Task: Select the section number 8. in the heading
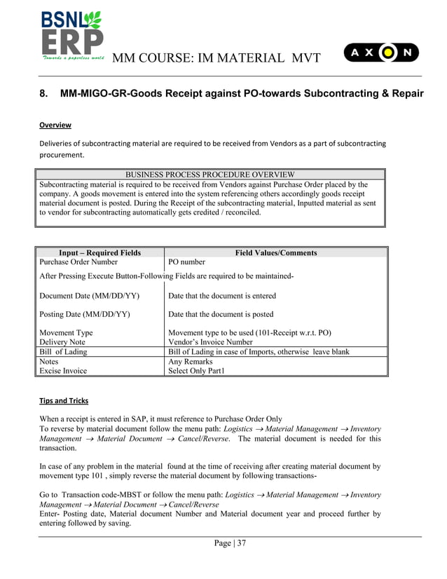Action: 43,93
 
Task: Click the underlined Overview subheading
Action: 55,125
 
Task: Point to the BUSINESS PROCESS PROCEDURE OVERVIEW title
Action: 209,174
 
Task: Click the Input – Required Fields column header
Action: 99,252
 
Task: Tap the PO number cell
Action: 187,262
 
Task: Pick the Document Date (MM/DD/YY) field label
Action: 89,296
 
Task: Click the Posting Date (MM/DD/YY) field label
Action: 86,314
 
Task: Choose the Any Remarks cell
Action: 191,362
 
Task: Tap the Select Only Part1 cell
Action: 197,371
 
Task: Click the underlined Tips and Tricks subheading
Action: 64,401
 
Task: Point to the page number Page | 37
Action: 229,543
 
